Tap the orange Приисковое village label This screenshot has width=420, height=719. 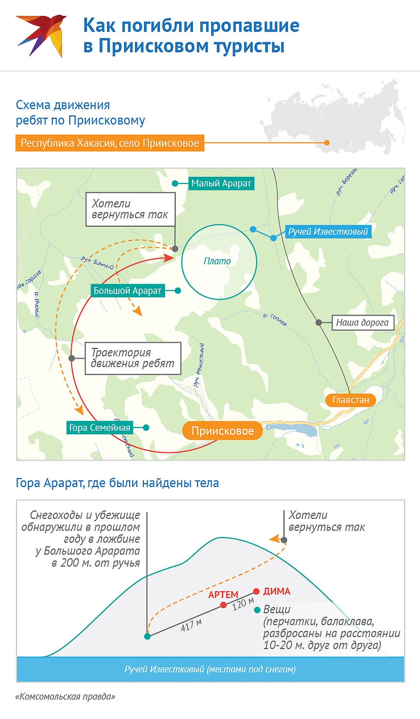tap(222, 431)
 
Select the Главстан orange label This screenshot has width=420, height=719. tap(350, 400)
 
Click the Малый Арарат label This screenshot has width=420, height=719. tap(221, 183)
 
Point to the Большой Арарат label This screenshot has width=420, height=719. tap(128, 291)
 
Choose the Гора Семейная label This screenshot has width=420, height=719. tap(100, 428)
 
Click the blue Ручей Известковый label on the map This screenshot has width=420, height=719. tap(327, 232)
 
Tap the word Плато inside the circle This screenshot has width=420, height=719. tap(217, 261)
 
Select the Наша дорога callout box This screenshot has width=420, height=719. tap(362, 322)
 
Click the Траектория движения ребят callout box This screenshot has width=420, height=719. tap(133, 358)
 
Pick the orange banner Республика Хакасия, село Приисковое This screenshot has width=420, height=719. tap(110, 143)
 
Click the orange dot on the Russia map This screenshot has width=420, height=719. tap(327, 143)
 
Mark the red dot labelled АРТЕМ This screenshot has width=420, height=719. tap(223, 605)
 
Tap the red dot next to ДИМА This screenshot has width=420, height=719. tap(256, 591)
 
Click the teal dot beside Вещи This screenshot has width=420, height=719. tap(257, 610)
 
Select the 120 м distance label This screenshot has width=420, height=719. tap(243, 604)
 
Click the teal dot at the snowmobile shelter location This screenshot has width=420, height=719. tap(147, 636)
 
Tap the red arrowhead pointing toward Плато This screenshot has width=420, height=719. tap(169, 258)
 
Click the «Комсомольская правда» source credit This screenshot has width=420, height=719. tap(65, 696)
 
